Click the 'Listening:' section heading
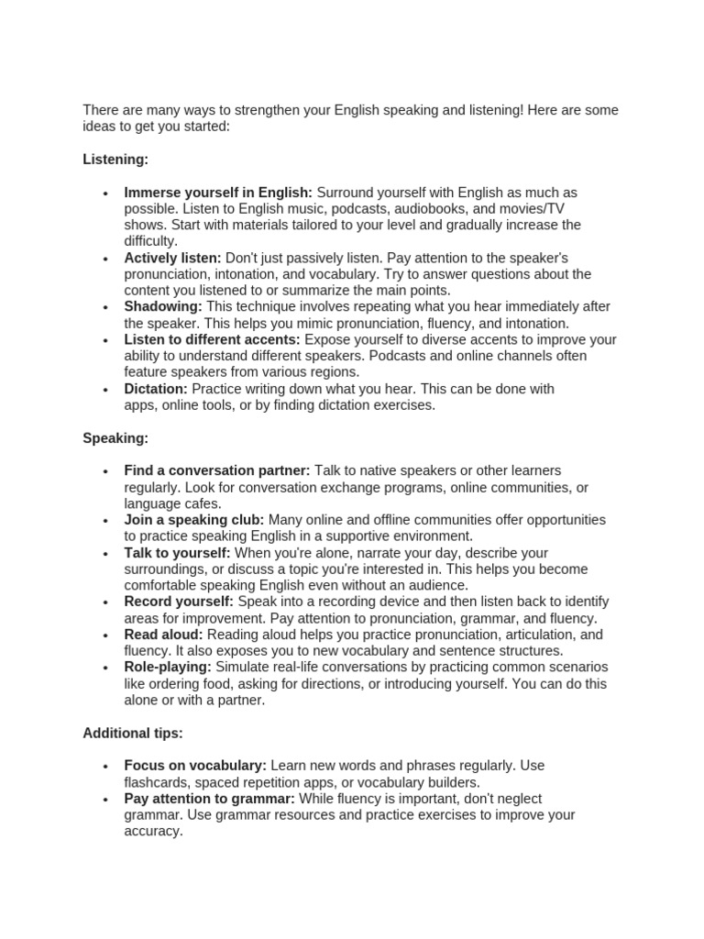tap(115, 160)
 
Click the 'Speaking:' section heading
tap(115, 438)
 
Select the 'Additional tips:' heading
tap(133, 734)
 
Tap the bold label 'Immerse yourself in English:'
tap(218, 193)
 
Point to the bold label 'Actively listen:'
tap(172, 258)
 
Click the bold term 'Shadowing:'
tap(163, 306)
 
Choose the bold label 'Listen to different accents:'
tap(213, 339)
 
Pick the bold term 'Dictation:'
tap(156, 389)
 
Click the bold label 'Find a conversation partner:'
tap(217, 470)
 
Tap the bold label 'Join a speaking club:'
tap(194, 520)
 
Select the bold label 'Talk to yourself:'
tap(177, 553)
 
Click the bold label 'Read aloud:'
tap(164, 635)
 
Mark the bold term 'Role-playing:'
tap(168, 667)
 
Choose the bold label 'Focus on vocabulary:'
tap(195, 765)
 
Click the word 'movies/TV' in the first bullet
tap(539, 209)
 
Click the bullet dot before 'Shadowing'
tap(106, 307)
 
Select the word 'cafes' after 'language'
tap(202, 503)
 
